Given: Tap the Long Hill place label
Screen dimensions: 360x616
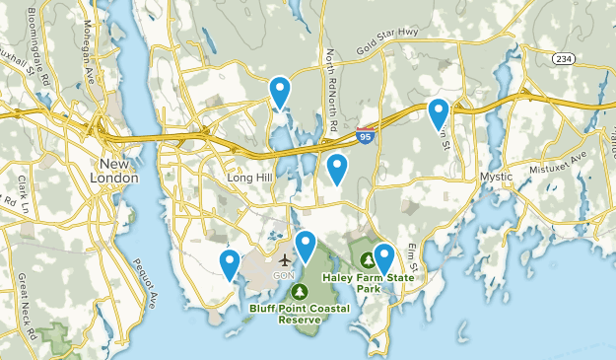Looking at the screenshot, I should tap(248, 178).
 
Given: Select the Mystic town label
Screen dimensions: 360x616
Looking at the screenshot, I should tap(496, 177).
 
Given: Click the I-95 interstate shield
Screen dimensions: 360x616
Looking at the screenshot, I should tap(366, 129).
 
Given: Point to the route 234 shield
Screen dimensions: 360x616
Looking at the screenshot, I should tap(564, 60).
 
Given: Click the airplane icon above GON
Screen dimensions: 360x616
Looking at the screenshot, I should tap(285, 260).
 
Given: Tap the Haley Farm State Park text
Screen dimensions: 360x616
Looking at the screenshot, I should tap(382, 283).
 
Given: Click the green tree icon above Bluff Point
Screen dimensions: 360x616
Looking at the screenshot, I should tap(299, 292).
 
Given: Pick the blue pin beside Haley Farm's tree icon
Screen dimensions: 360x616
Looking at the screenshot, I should tap(383, 258).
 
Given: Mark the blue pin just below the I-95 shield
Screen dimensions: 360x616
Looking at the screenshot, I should tap(337, 170).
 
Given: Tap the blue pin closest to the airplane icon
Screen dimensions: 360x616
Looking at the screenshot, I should tap(306, 247).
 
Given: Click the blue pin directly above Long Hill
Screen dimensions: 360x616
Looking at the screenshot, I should tap(280, 93).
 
